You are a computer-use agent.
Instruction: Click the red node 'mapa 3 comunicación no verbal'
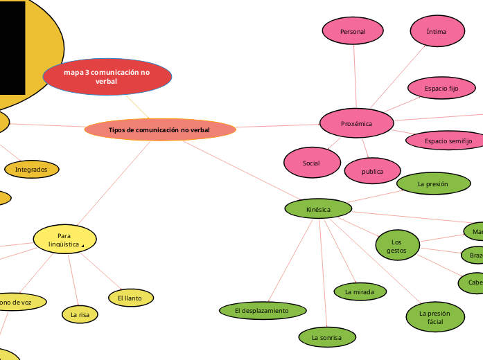pyautogui.click(x=107, y=77)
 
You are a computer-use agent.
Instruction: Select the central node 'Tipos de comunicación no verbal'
pyautogui.click(x=159, y=129)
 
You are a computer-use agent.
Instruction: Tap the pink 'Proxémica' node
pyautogui.click(x=357, y=124)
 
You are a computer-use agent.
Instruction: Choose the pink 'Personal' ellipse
pyautogui.click(x=353, y=32)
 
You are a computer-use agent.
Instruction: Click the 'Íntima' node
pyautogui.click(x=437, y=31)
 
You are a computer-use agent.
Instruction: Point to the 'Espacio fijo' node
pyautogui.click(x=441, y=89)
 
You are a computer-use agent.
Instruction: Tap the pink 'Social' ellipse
pyautogui.click(x=312, y=163)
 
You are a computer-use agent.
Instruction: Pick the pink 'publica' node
pyautogui.click(x=372, y=170)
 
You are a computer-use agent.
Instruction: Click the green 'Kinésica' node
pyautogui.click(x=318, y=208)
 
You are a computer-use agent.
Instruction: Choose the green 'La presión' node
pyautogui.click(x=432, y=184)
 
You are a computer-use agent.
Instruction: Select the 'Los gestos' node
pyautogui.click(x=398, y=245)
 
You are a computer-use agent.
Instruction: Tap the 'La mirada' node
pyautogui.click(x=360, y=292)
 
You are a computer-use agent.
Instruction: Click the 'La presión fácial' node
pyautogui.click(x=434, y=317)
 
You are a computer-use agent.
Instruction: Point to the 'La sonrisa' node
pyautogui.click(x=328, y=337)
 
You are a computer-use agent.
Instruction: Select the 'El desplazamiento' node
pyautogui.click(x=261, y=311)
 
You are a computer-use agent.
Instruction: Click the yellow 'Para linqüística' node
pyautogui.click(x=64, y=240)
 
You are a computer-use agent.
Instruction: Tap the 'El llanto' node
pyautogui.click(x=130, y=298)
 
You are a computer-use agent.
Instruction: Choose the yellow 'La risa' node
pyautogui.click(x=80, y=314)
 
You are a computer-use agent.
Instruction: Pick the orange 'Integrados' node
pyautogui.click(x=32, y=169)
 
